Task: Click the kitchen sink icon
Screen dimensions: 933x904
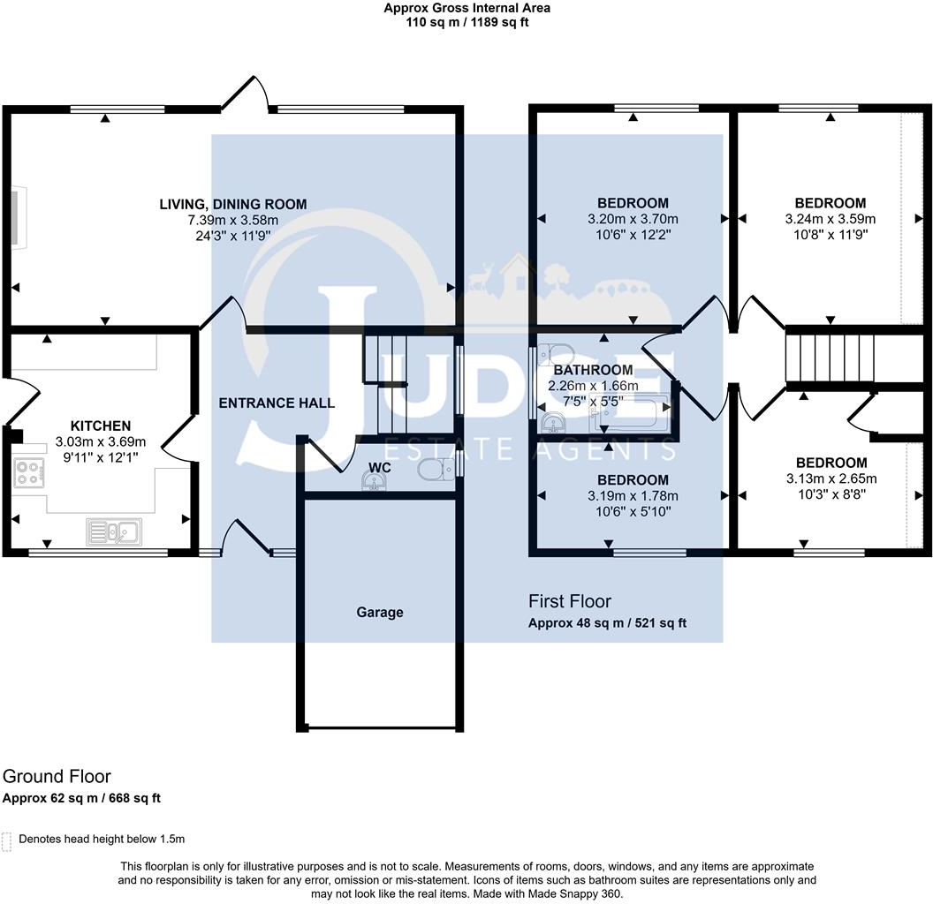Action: coord(114,531)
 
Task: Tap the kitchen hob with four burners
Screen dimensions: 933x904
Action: coord(28,473)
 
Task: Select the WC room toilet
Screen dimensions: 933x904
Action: coord(436,470)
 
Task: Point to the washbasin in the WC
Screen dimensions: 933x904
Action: coord(373,480)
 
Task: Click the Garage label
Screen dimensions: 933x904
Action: coord(380,612)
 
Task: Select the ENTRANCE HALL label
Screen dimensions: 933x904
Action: coord(277,403)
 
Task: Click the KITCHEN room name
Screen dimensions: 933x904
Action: coord(101,426)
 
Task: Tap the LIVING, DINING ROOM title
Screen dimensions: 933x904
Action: coord(233,204)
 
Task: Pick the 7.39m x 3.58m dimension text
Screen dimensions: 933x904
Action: coord(233,220)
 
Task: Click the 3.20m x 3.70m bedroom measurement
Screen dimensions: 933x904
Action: coord(633,219)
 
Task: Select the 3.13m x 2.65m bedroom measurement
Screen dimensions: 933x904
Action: coord(831,478)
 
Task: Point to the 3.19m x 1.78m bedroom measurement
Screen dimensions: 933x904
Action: coord(633,496)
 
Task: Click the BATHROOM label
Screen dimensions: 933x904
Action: coord(593,370)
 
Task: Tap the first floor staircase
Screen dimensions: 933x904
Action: coord(831,358)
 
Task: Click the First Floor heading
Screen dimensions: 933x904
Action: coord(570,601)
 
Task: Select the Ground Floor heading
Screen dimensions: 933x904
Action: coord(57,776)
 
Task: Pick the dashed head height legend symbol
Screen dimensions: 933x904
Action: coord(6,841)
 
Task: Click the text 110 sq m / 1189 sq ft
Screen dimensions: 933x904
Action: coord(467,23)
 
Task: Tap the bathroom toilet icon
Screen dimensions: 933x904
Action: coord(556,353)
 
